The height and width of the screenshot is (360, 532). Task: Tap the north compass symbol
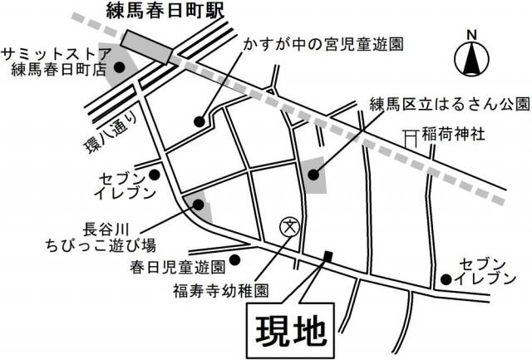pyautogui.click(x=471, y=56)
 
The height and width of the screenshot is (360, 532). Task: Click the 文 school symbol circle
pyautogui.click(x=289, y=225)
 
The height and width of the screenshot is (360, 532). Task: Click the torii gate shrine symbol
pyautogui.click(x=411, y=137)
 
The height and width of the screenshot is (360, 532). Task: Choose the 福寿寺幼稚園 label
pyautogui.click(x=220, y=291)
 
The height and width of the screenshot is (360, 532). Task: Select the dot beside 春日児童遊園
pyautogui.click(x=237, y=259)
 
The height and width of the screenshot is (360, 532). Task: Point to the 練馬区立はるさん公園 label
pyautogui.click(x=449, y=105)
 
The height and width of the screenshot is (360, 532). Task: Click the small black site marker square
pyautogui.click(x=328, y=256)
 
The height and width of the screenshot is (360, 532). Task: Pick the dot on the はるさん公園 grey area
pyautogui.click(x=313, y=175)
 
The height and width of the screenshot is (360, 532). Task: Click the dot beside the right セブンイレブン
pyautogui.click(x=447, y=279)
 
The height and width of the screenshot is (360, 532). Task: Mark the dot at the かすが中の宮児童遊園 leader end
pyautogui.click(x=199, y=121)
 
